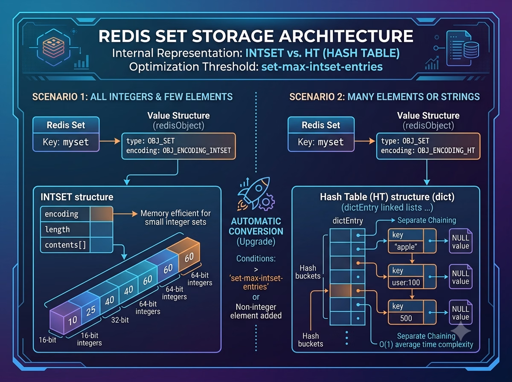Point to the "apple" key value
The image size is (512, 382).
click(406, 247)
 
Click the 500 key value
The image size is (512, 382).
click(406, 318)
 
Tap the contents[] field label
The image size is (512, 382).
click(66, 245)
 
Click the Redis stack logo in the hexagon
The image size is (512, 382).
click(53, 47)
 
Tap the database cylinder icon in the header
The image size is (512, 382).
click(471, 49)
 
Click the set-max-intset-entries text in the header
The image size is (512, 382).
click(322, 67)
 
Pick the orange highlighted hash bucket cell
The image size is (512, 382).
click(340, 291)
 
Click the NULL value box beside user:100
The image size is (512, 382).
click(461, 277)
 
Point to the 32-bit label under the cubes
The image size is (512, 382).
click(120, 320)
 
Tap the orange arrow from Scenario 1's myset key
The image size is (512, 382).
click(110, 141)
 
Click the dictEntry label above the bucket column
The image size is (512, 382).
click(348, 221)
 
